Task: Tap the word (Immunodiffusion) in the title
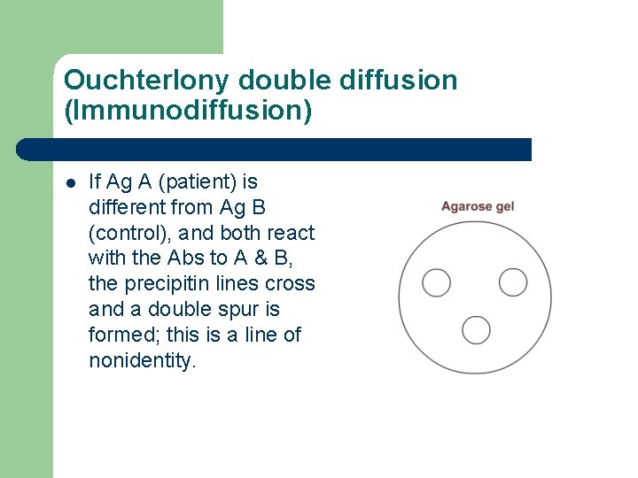point(188,112)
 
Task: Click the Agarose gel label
point(478,207)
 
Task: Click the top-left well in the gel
point(436,282)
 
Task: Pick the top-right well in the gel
point(513,282)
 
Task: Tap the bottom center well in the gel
point(476,329)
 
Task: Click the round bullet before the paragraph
point(71,183)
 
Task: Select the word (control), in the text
point(128,234)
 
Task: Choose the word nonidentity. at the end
point(141,361)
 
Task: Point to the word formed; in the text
point(122,335)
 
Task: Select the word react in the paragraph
point(291,234)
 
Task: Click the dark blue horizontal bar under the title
point(275,149)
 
